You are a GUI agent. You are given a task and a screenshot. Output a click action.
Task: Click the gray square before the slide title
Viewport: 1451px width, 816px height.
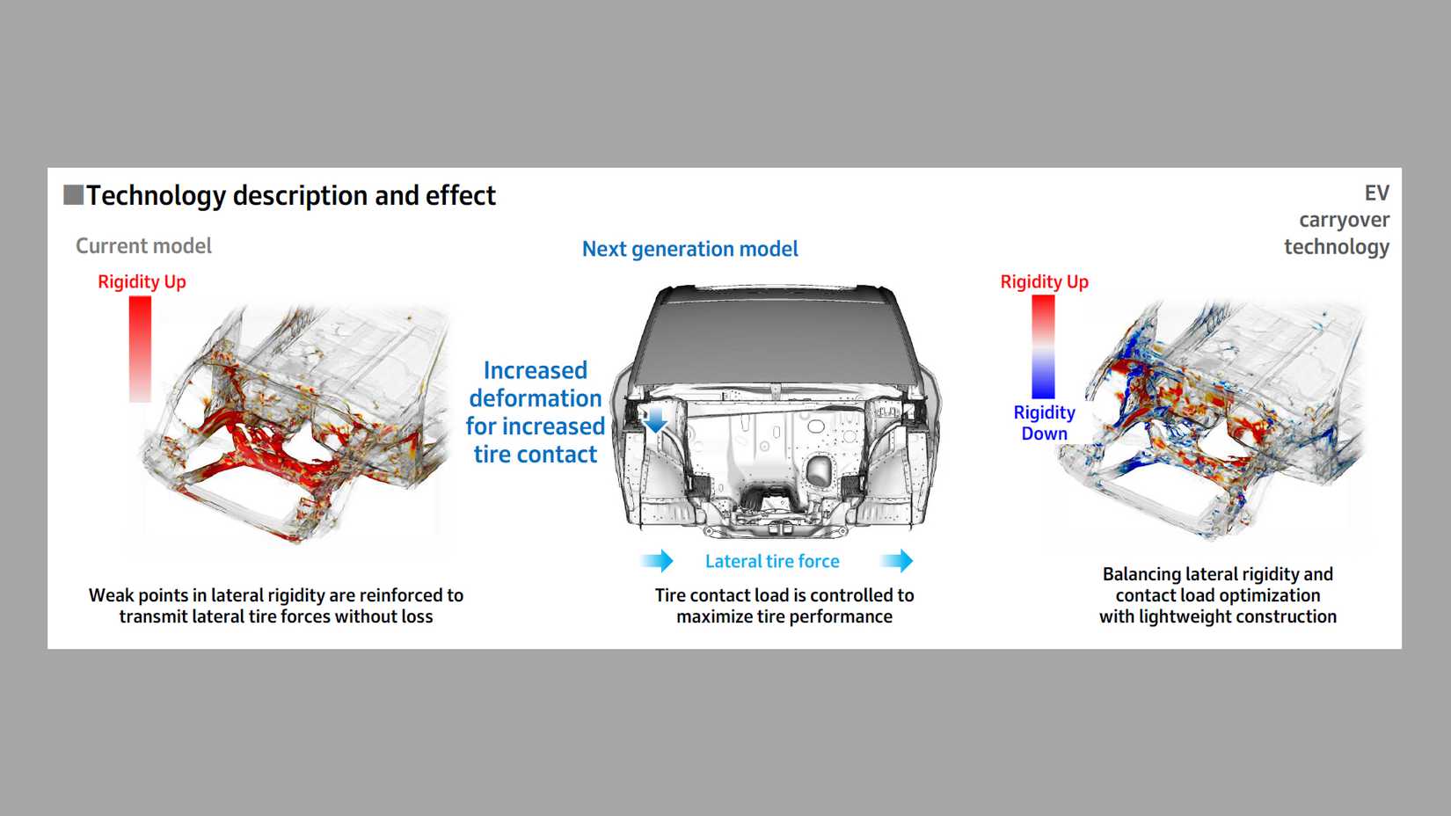click(x=73, y=194)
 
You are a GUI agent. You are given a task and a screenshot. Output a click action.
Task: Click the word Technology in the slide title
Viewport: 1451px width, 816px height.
click(x=157, y=195)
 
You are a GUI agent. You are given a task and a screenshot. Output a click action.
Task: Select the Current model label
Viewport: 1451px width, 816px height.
click(x=143, y=246)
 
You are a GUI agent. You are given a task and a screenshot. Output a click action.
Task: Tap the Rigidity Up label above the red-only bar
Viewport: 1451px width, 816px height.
click(x=142, y=282)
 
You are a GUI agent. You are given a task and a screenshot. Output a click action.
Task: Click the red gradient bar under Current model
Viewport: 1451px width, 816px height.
click(x=140, y=348)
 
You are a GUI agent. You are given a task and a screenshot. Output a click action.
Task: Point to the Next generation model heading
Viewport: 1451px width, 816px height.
click(x=689, y=250)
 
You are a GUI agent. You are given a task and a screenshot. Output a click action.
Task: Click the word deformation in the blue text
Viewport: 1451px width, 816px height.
click(x=535, y=398)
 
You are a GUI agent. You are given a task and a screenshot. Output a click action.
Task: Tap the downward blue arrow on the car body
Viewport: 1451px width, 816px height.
click(x=655, y=421)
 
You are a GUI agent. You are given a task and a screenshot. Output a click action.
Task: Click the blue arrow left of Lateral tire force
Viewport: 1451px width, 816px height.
click(x=657, y=561)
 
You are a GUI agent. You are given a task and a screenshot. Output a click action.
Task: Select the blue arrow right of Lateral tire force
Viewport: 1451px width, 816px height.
click(x=897, y=561)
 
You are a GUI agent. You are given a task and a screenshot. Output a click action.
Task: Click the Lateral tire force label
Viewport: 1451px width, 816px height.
click(x=772, y=562)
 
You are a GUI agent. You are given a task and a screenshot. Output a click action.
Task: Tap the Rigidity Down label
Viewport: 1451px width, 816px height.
click(x=1044, y=423)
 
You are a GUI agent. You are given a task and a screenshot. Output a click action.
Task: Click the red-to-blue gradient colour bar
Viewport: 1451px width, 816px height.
click(x=1043, y=346)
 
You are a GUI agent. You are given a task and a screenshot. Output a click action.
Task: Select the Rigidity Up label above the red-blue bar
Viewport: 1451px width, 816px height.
click(x=1044, y=282)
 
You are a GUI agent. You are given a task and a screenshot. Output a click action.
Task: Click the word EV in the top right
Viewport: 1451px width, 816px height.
click(x=1376, y=193)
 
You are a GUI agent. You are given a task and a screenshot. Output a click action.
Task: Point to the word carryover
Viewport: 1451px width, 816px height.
click(x=1344, y=220)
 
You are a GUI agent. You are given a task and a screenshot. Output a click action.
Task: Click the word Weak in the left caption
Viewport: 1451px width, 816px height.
click(x=109, y=595)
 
